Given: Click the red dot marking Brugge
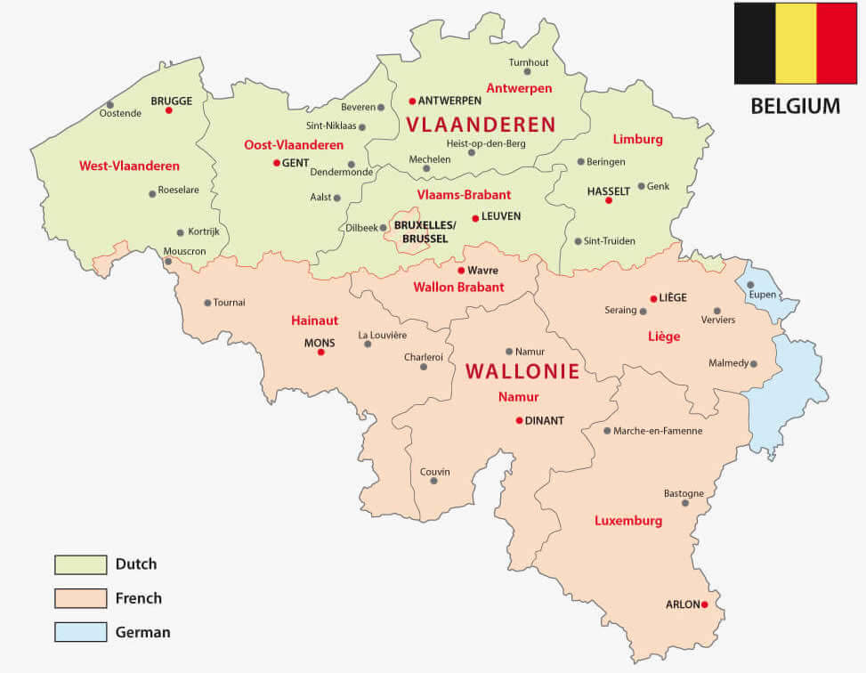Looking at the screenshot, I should coord(168,110).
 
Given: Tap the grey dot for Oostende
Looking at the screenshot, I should coord(110,104).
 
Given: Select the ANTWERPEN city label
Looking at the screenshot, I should coord(449,101).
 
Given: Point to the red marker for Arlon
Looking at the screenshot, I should coord(704,604).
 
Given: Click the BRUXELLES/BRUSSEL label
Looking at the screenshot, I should coord(425,232).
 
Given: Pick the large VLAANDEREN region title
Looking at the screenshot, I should coord(480,125).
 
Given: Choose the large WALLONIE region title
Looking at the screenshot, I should coord(522,370).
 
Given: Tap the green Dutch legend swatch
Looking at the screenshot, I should coord(80,564).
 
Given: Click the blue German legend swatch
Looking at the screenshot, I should coord(80,633).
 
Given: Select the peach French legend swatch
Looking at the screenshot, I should coord(80,598).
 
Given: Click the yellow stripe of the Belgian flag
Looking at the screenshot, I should coord(796,44).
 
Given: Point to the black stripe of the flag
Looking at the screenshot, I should coord(755,44).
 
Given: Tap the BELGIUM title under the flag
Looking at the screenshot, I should coord(795,106).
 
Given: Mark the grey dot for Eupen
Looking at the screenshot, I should coord(750,285).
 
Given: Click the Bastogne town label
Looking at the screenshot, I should coord(684,493).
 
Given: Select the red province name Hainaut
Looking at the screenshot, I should coord(314,320).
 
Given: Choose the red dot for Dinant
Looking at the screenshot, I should coord(519,420).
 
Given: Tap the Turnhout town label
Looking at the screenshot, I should coord(529,62).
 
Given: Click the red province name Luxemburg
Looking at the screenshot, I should coord(628,521).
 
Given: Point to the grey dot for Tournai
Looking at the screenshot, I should coord(207,303).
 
